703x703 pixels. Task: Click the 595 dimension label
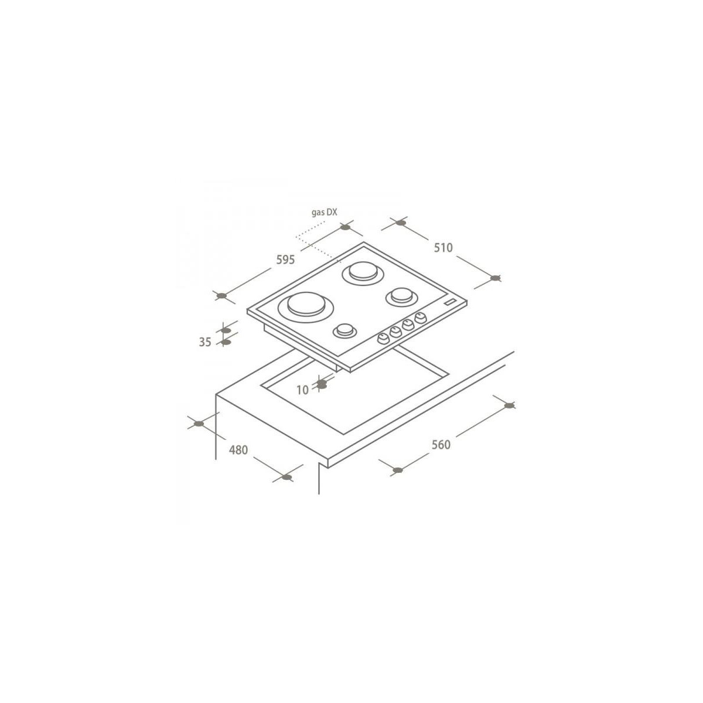click(x=285, y=260)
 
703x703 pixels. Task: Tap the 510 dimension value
click(x=443, y=248)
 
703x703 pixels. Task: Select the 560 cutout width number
click(x=441, y=445)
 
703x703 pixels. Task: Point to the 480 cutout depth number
click(x=238, y=450)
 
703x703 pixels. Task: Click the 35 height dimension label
click(x=205, y=342)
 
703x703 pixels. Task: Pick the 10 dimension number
click(x=302, y=390)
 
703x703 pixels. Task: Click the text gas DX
click(x=325, y=212)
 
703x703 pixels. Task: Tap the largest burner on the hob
click(x=306, y=307)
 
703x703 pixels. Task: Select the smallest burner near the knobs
click(x=344, y=331)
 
